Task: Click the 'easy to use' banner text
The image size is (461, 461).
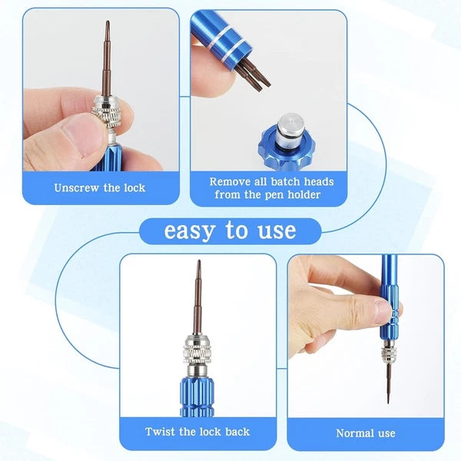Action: click(x=229, y=230)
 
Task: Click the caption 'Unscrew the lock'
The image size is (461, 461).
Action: click(x=100, y=187)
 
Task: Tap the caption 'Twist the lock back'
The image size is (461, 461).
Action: click(x=197, y=432)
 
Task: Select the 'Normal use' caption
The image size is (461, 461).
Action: click(x=366, y=433)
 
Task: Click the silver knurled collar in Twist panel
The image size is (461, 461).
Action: click(x=198, y=354)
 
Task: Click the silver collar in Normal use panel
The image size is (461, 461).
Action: click(x=388, y=357)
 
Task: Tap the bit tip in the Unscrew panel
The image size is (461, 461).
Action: click(x=107, y=27)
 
